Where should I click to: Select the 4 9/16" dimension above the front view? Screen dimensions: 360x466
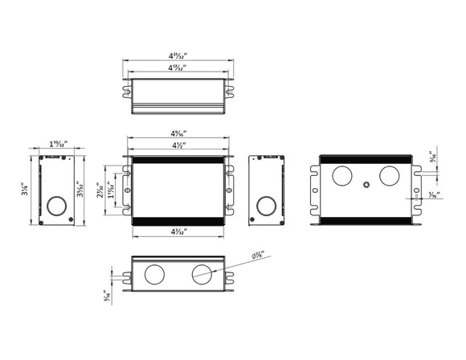(x=179, y=133)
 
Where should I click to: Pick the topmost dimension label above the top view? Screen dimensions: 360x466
(x=178, y=56)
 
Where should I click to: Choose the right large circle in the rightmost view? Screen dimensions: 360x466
(x=390, y=177)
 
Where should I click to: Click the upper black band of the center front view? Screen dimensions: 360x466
(x=179, y=160)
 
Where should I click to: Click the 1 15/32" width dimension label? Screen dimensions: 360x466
(x=58, y=145)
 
